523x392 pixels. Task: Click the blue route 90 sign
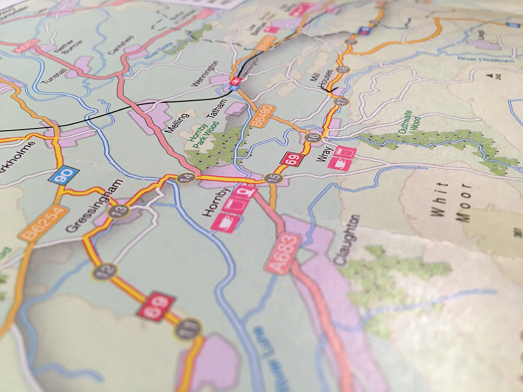pos(64,176)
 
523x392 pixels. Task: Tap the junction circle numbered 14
pos(186,177)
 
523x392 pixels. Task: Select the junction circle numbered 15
pos(271,178)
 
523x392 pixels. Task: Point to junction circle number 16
pos(312,137)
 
